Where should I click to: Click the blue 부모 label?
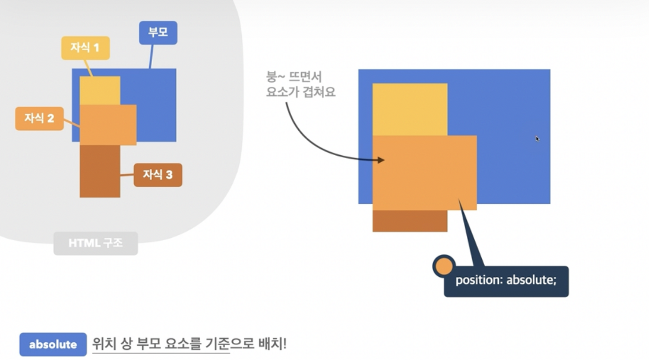158,33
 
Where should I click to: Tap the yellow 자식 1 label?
85,48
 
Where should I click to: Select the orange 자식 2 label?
39,119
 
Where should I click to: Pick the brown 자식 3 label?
158,175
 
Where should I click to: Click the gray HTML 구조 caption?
95,243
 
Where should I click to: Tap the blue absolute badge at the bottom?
53,345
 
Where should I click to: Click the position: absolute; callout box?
506,280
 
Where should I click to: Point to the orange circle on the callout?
444,266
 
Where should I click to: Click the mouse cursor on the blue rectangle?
537,138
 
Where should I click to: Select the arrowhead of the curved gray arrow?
381,160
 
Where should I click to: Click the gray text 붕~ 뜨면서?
294,78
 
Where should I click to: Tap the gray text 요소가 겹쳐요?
301,93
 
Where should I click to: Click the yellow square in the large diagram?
410,109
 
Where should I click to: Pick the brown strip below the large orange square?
410,221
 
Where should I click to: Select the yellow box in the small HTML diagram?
100,90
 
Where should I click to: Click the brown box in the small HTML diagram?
100,171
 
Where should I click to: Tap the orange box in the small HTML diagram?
108,125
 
